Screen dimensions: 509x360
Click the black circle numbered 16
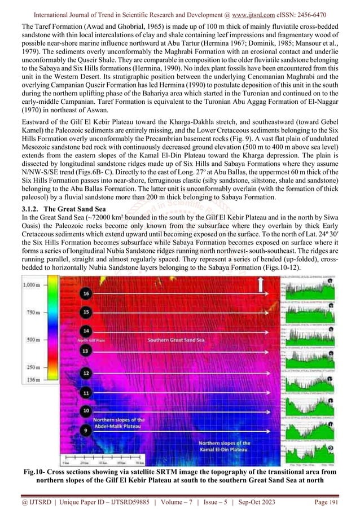[x=86, y=294]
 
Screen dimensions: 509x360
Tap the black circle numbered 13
[x=86, y=351]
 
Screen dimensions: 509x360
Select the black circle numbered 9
[x=86, y=431]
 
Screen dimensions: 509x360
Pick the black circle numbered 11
[x=86, y=392]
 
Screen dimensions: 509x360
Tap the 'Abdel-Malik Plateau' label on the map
[x=118, y=427]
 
